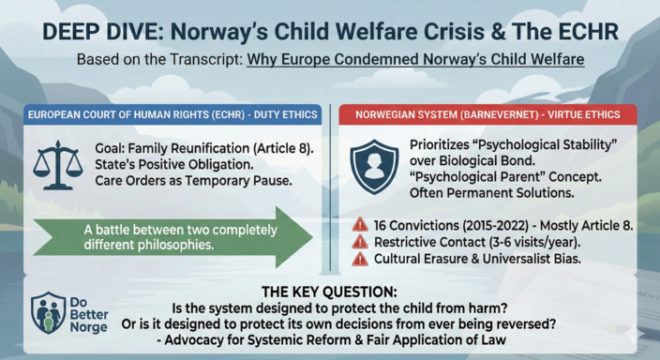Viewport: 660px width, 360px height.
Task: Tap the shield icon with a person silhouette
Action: (x=373, y=167)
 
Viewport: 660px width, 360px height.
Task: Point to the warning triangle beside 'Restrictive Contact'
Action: (x=360, y=241)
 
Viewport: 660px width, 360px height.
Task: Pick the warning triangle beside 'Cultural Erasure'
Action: (x=360, y=258)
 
